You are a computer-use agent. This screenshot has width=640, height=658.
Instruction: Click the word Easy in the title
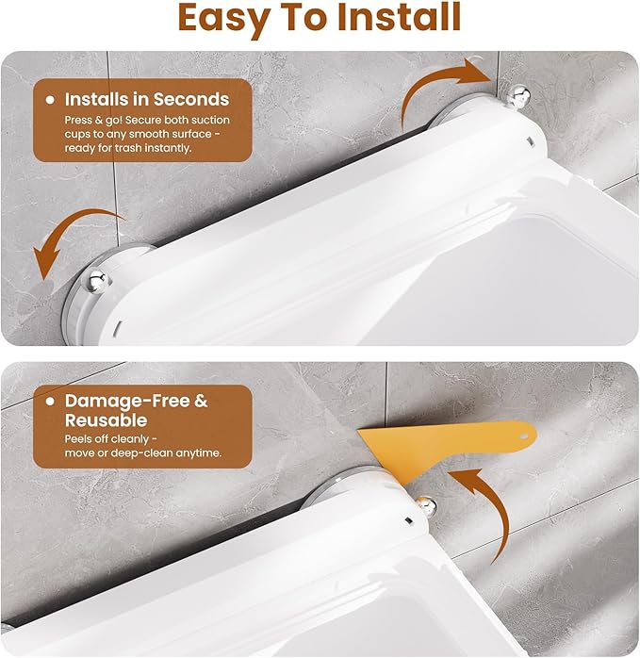(x=223, y=19)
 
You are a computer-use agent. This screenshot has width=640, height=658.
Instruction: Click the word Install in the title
(x=399, y=17)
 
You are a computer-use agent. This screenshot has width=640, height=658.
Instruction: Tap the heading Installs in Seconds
(x=147, y=100)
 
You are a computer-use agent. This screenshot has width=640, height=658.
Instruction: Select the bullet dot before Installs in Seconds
(x=50, y=100)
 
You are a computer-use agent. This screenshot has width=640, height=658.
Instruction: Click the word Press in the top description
(x=77, y=120)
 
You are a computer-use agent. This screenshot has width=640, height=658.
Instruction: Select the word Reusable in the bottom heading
(x=107, y=420)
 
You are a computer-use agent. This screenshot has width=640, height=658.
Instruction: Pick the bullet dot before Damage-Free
(x=50, y=402)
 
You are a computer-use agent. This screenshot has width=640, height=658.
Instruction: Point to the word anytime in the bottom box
(x=198, y=453)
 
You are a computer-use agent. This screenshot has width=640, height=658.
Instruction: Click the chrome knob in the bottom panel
(x=425, y=506)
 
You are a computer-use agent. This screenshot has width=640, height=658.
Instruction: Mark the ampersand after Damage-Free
(x=201, y=401)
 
